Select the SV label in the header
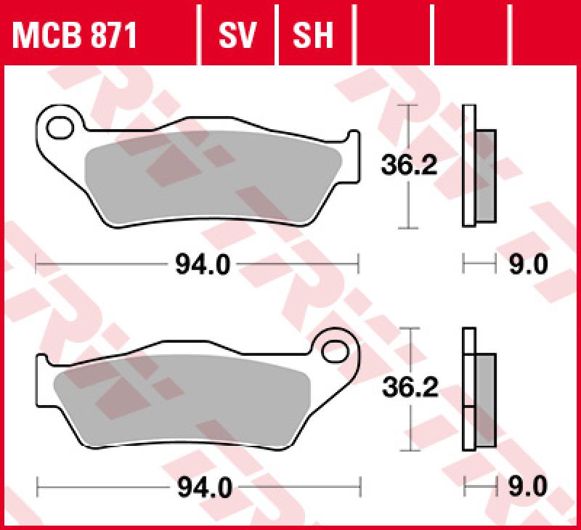[x=238, y=33]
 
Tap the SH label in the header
[x=312, y=33]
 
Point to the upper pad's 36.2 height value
[x=410, y=166]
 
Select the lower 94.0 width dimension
[x=203, y=487]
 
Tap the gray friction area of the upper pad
[x=211, y=178]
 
